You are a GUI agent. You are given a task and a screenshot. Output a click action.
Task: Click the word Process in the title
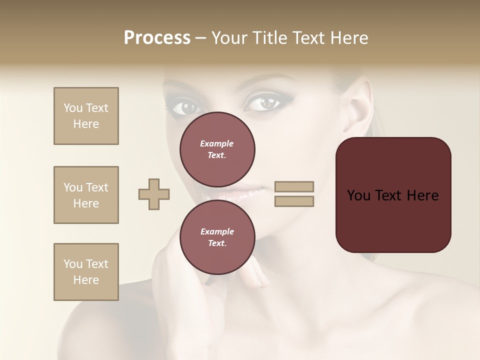(x=157, y=38)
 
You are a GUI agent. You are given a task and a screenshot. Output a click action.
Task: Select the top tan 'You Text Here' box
(x=86, y=116)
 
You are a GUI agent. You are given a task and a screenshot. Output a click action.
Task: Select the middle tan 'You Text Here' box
(x=86, y=195)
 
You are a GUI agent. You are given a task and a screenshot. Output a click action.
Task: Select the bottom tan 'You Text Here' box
(x=86, y=272)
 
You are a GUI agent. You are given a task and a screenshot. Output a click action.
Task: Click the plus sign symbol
(x=154, y=194)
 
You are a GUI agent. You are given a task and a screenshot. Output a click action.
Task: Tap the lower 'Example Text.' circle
(x=217, y=237)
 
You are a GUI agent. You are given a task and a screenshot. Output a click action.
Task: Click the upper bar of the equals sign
(x=294, y=187)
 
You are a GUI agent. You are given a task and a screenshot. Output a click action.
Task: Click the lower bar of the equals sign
(x=294, y=201)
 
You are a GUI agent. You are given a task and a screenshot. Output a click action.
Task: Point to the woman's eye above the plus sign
(x=184, y=106)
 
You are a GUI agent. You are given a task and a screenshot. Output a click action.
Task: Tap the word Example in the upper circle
(x=217, y=143)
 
